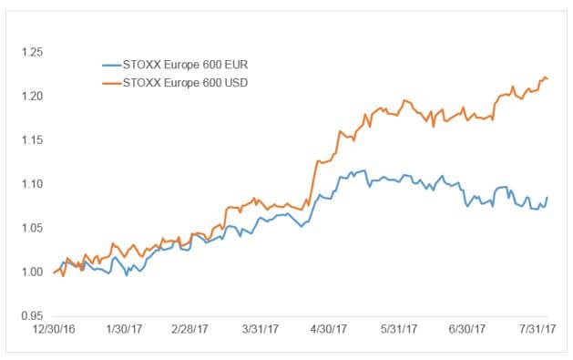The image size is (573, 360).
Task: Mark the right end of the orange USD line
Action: coord(547,78)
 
